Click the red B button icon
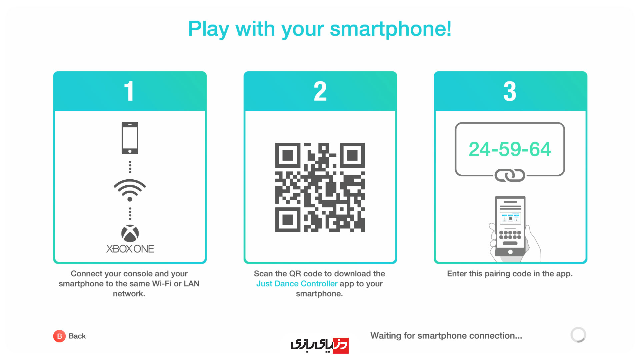point(59,336)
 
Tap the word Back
point(77,336)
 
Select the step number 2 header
point(320,91)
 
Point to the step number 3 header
point(510,91)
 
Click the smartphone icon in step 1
point(130,138)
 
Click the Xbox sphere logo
point(130,233)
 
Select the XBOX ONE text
point(130,249)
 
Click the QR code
point(320,187)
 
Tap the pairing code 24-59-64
point(510,149)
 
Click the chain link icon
point(510,175)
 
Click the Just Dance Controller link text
point(297,284)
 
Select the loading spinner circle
point(578,335)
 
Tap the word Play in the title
point(209,29)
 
